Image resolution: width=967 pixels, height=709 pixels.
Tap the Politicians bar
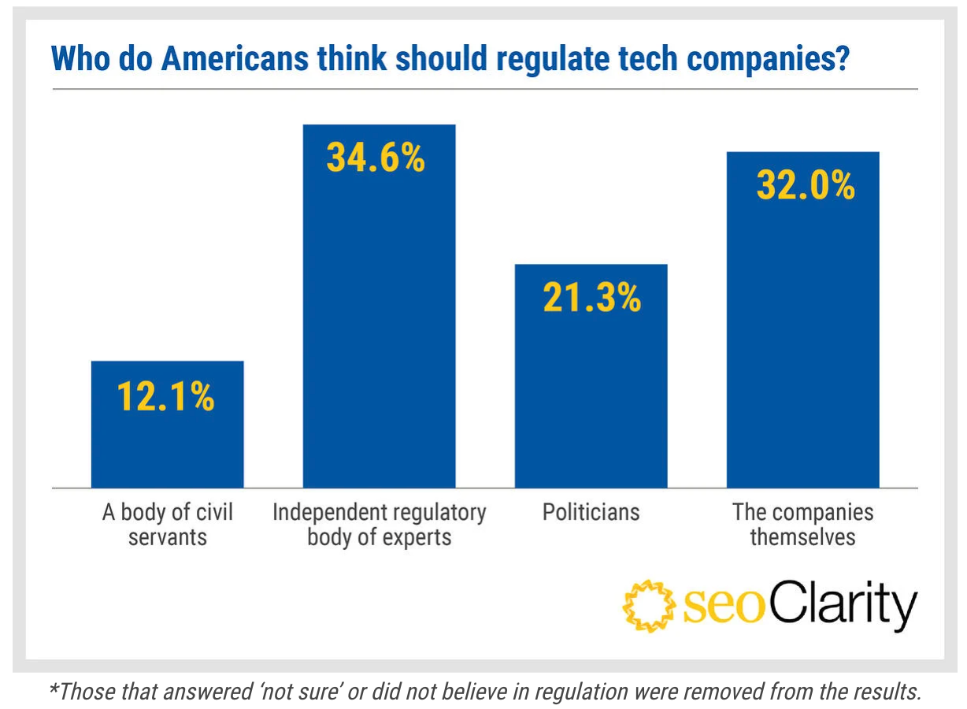591,394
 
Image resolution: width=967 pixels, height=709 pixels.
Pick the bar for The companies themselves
802,339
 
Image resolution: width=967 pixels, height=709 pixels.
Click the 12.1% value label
166,397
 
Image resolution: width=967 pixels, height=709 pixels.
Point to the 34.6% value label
376,158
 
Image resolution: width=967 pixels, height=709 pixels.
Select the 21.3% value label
591,299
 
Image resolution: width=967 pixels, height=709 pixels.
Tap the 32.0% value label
805,186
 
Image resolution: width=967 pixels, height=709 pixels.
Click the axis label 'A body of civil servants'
167,525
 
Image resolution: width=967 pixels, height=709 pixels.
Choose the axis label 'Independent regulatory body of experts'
379,525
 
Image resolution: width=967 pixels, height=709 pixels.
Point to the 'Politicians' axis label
591,513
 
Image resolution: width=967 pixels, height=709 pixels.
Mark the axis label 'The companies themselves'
802,525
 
